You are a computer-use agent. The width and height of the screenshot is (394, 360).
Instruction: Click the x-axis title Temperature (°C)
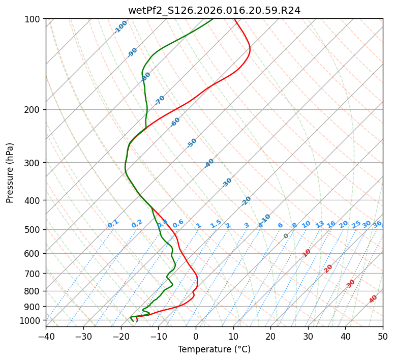click(x=214, y=350)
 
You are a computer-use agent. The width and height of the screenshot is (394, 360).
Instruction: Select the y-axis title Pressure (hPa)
click(x=10, y=173)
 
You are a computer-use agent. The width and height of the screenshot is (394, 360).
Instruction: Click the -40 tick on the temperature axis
click(x=46, y=336)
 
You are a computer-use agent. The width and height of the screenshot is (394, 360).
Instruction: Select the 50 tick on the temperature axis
click(x=383, y=336)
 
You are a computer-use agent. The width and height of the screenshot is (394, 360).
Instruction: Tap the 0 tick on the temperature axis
click(x=196, y=336)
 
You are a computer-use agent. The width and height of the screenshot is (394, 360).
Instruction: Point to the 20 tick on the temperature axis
click(x=270, y=336)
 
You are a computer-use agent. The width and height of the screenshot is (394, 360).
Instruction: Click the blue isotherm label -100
click(x=120, y=27)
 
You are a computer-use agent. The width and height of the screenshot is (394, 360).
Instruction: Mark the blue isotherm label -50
click(x=192, y=143)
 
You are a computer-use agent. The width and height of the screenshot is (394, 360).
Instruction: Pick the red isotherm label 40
click(x=373, y=299)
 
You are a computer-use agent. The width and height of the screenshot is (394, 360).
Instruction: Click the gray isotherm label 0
click(x=286, y=236)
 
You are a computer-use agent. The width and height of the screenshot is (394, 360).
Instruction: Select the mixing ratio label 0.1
click(x=113, y=224)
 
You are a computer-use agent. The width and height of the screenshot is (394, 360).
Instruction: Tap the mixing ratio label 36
click(x=377, y=224)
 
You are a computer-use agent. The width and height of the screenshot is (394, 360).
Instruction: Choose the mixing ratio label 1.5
click(x=216, y=224)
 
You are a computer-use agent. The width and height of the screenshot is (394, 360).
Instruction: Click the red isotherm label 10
click(x=307, y=253)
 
